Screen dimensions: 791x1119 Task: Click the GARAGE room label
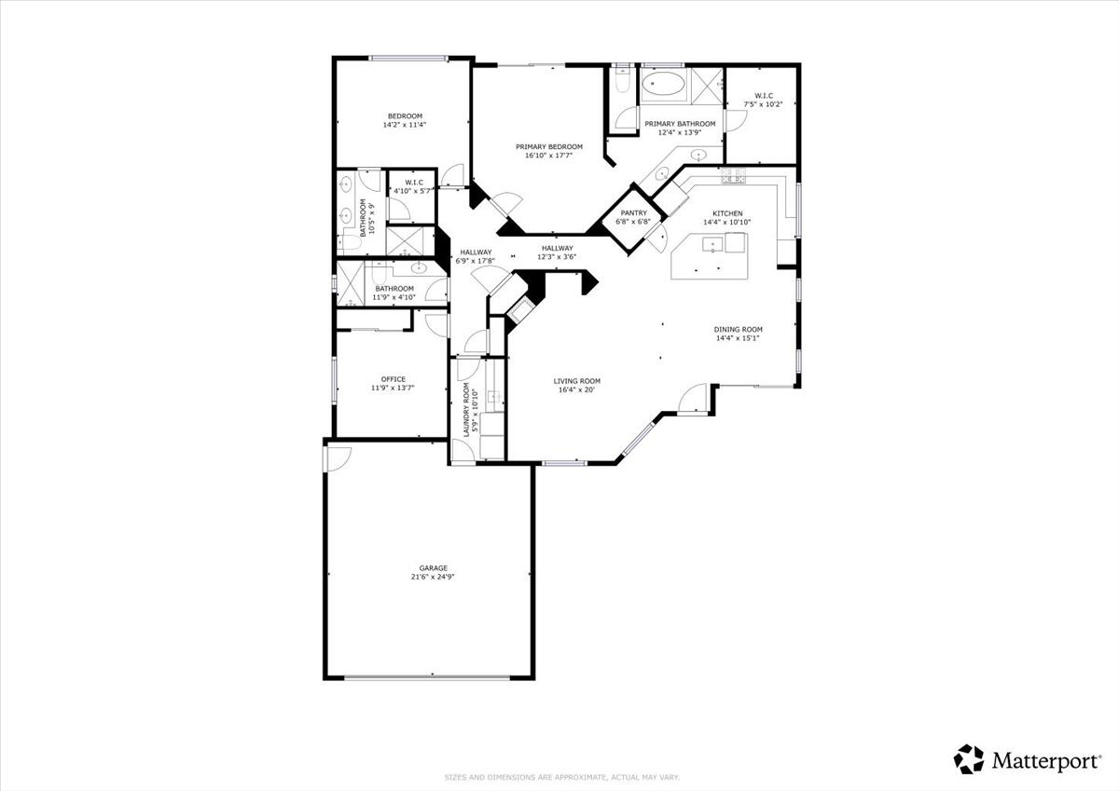[x=433, y=567]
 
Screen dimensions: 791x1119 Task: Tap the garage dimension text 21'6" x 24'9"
[x=433, y=577]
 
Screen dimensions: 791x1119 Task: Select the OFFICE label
[x=393, y=378]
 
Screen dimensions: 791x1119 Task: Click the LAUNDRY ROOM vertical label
[x=466, y=411]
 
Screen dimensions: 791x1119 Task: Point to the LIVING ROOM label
[x=576, y=380]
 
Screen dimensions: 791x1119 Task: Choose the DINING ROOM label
[x=739, y=329]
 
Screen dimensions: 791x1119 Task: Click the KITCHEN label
[x=727, y=213]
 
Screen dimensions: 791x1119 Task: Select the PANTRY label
[x=633, y=213]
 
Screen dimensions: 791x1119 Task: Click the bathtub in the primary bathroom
[x=663, y=87]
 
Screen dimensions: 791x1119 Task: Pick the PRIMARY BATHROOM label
[x=680, y=124]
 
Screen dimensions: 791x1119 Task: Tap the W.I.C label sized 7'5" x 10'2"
[x=763, y=95]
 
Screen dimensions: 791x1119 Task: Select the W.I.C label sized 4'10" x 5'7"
[x=414, y=183]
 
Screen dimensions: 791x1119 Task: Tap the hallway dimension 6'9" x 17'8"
[x=476, y=261]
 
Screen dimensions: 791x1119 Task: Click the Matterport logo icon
[x=969, y=759]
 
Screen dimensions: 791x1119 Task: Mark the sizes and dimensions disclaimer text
[x=561, y=777]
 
